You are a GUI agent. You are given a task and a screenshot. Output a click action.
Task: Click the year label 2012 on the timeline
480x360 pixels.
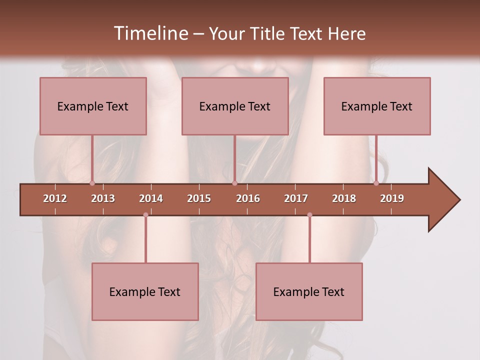(55, 198)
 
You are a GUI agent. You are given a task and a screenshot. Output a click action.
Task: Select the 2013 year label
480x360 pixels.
(103, 198)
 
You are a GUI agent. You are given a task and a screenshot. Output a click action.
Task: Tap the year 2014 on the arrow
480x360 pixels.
(151, 198)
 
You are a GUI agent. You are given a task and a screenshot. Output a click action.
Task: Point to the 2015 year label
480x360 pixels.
(199, 198)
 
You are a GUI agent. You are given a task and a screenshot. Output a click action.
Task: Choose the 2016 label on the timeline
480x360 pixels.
(248, 198)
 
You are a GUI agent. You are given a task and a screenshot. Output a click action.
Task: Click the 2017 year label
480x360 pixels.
(296, 198)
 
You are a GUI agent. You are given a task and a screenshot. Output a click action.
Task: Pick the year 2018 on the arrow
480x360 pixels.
(344, 198)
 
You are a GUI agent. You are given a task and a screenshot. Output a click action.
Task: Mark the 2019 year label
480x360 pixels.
(392, 198)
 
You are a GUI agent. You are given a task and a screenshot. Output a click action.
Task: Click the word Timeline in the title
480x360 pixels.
(150, 33)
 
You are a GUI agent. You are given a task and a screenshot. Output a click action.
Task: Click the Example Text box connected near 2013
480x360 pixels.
(93, 106)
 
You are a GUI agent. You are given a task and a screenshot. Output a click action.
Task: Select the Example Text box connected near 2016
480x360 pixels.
(235, 106)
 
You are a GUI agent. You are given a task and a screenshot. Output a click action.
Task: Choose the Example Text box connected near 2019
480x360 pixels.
(377, 106)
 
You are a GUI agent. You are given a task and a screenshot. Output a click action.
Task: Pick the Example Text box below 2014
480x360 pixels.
(145, 291)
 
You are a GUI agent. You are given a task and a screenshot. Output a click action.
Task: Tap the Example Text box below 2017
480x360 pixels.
(309, 291)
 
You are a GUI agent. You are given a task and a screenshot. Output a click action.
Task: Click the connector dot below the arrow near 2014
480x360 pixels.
(145, 215)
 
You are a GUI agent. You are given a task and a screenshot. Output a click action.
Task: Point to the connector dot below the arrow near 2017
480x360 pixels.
(309, 215)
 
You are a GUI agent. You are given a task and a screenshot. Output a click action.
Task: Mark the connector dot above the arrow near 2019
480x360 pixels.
(376, 183)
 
